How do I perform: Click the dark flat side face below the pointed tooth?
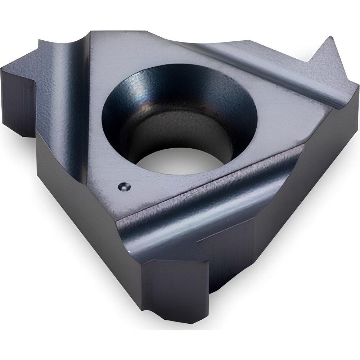click(324, 151)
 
